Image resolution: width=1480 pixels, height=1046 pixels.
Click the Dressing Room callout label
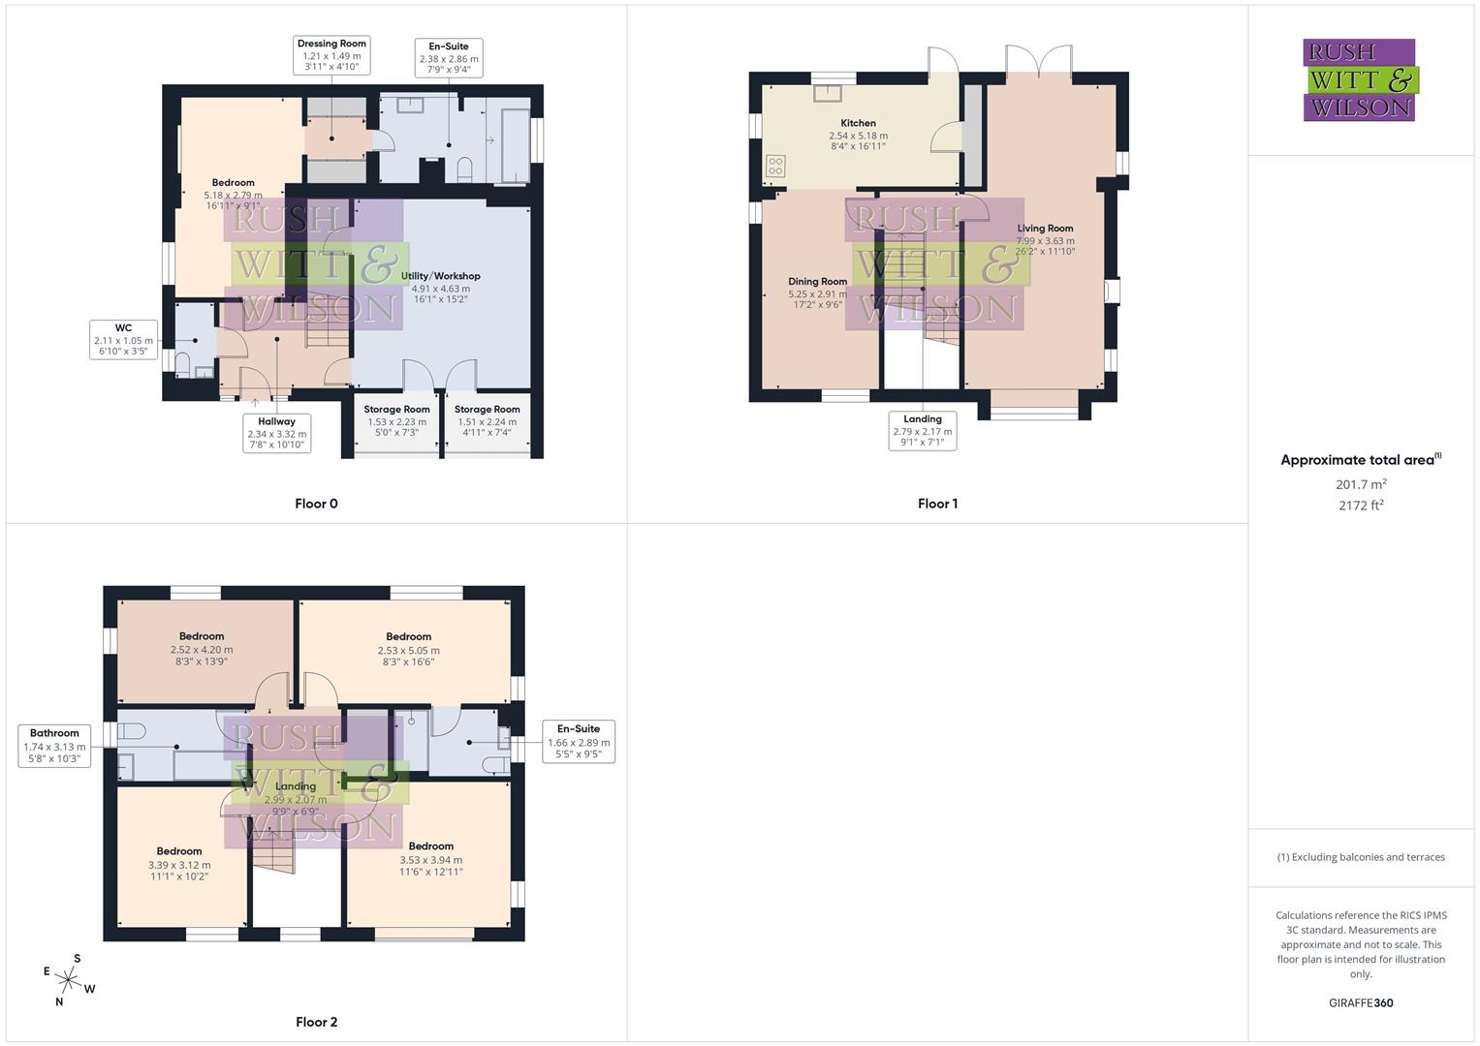click(331, 55)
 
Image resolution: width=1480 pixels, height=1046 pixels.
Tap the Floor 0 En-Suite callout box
click(448, 59)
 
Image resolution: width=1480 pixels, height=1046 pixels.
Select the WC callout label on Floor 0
click(123, 340)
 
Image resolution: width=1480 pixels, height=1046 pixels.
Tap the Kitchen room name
click(858, 123)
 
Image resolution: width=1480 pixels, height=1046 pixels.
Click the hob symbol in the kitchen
click(775, 166)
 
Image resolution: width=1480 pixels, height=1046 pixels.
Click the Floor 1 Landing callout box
click(923, 431)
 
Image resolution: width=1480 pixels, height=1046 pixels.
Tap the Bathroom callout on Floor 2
click(54, 746)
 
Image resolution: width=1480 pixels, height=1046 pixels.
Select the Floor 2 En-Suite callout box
click(578, 741)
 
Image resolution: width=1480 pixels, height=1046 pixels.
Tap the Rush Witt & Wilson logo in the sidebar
click(1359, 79)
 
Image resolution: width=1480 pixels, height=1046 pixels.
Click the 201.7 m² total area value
click(1360, 484)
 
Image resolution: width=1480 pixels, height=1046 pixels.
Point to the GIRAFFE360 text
click(1360, 1002)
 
